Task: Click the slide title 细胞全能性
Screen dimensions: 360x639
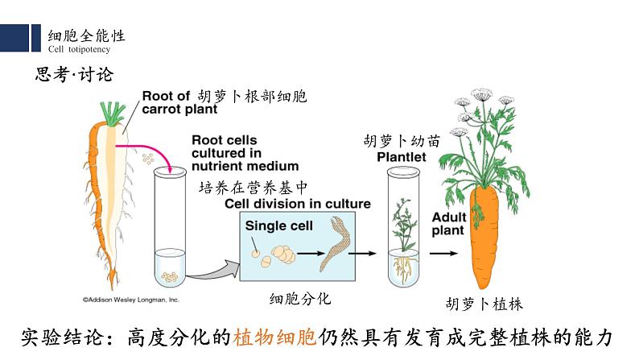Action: [86, 36]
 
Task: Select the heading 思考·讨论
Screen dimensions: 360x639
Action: [75, 75]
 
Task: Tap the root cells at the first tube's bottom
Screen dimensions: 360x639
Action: [170, 277]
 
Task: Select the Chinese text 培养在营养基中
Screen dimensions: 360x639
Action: [253, 188]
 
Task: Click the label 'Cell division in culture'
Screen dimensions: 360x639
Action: [298, 204]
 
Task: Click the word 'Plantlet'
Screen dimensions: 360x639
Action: [402, 157]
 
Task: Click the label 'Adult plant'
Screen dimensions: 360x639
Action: [448, 224]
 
